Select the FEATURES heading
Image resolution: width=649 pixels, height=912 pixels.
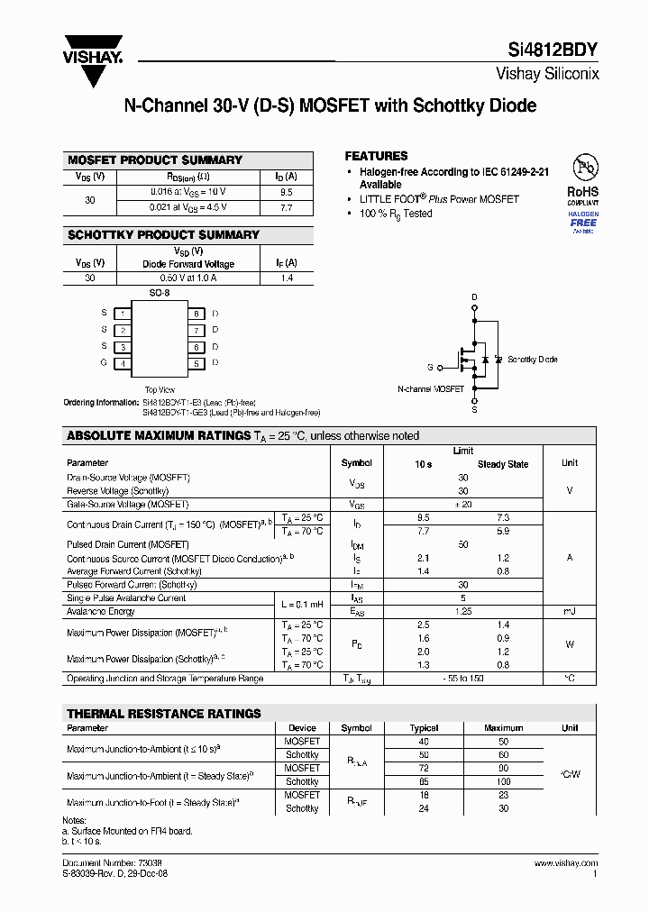[376, 156]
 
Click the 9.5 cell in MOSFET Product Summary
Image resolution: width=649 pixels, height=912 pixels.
[286, 192]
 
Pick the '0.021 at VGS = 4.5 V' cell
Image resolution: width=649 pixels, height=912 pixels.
[188, 207]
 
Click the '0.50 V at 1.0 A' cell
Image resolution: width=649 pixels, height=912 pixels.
[188, 278]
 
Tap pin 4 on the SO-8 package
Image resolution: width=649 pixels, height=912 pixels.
[123, 363]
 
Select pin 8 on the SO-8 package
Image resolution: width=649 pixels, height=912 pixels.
[195, 313]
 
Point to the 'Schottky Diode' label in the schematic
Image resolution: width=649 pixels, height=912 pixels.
[532, 360]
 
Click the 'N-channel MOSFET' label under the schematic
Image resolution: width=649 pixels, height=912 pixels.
[431, 389]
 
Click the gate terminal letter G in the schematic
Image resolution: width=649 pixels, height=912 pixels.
[430, 367]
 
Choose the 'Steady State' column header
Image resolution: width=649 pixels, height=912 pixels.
[503, 464]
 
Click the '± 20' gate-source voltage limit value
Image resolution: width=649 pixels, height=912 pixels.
[463, 505]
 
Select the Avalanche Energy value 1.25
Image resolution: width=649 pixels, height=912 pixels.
[463, 611]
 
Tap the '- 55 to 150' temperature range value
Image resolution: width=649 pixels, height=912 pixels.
[463, 678]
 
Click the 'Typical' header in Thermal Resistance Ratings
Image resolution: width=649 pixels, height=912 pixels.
[424, 728]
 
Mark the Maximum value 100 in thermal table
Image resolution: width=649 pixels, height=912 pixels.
[503, 781]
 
